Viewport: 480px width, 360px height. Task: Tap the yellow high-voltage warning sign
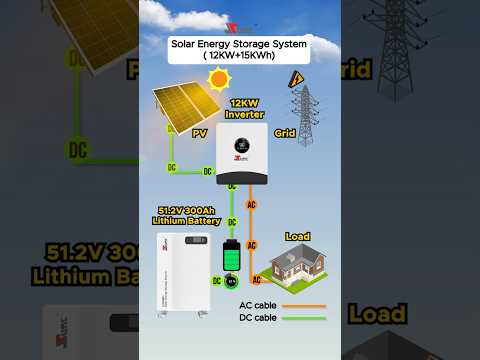[295, 80]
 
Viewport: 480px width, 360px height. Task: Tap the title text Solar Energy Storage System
[240, 43]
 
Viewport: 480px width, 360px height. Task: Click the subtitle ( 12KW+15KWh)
[240, 56]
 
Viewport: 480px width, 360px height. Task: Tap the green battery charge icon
[231, 257]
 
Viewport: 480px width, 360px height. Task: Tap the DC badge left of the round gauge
[216, 281]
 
